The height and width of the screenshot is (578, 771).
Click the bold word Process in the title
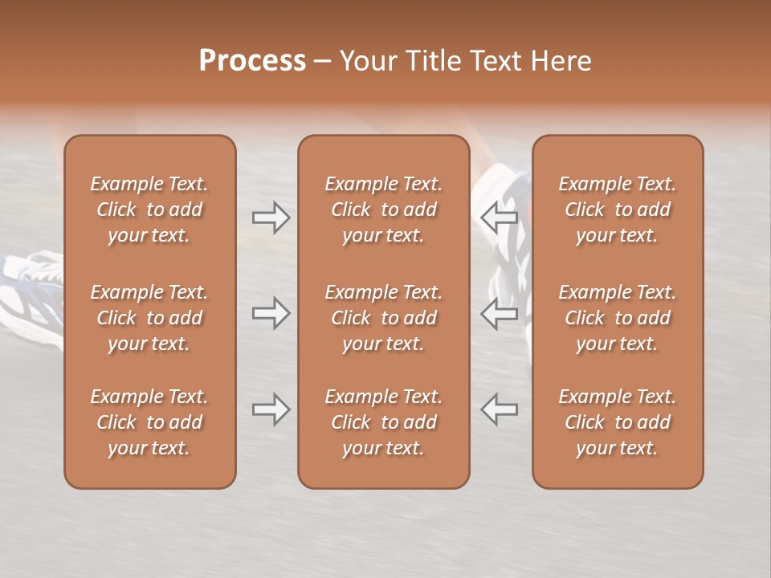(x=252, y=61)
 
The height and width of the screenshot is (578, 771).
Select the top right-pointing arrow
(x=271, y=218)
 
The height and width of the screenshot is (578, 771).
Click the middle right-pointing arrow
(x=271, y=313)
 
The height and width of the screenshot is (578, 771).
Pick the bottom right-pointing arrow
(x=271, y=409)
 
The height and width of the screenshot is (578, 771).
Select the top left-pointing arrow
(x=500, y=218)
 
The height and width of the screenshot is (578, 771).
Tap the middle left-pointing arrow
(x=500, y=313)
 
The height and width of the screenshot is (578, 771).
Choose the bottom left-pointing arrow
(x=500, y=409)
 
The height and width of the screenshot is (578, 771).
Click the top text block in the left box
(x=149, y=210)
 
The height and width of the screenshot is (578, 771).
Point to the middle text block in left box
(x=149, y=318)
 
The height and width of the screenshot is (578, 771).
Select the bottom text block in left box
(x=149, y=422)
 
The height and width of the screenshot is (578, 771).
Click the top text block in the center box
(x=383, y=210)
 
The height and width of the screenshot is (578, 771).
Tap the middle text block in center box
(x=383, y=318)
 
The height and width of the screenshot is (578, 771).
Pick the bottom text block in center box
(x=383, y=422)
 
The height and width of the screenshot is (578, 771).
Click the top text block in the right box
(x=617, y=210)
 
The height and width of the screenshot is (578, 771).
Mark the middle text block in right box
(x=617, y=318)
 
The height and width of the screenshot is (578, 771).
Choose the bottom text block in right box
(x=617, y=422)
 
